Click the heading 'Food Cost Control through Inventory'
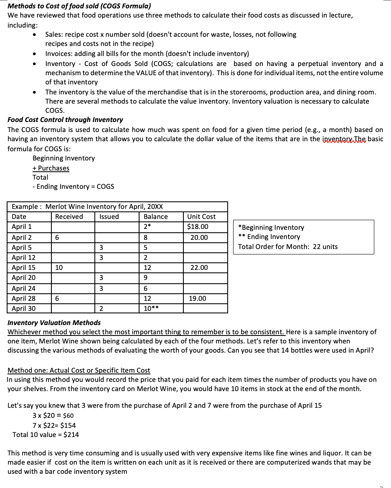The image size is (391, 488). (65, 119)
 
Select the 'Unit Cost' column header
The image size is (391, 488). (201, 216)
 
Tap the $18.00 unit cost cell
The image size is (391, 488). (199, 227)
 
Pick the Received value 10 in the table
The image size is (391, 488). (59, 268)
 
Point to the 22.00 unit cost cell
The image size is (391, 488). (199, 268)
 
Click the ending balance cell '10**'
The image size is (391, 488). (151, 309)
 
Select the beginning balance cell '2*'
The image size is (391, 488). (147, 227)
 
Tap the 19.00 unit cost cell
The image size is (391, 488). (199, 299)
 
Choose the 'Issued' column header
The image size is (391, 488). (109, 216)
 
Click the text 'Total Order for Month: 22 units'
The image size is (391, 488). (288, 247)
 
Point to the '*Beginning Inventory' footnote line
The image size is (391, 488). (271, 227)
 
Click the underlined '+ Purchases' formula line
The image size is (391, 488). (51, 168)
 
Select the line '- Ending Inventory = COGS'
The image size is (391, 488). (73, 186)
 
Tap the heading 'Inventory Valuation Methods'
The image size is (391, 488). (54, 323)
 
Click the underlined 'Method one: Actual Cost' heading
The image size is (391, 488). (79, 370)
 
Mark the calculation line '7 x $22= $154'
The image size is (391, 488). (54, 425)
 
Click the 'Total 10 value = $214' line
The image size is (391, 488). (46, 435)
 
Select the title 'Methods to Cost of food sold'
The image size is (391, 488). (79, 6)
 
